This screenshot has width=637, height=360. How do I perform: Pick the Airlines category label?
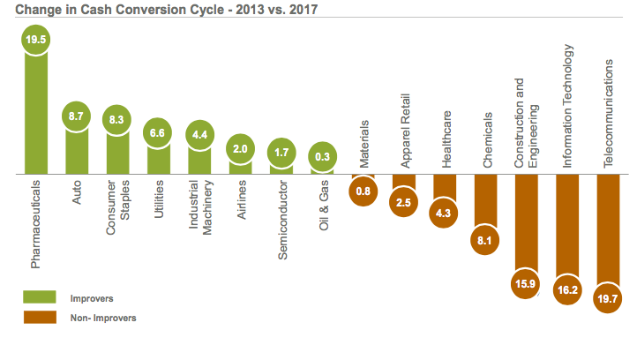pos(240,206)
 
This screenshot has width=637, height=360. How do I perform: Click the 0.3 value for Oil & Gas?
pos(322,157)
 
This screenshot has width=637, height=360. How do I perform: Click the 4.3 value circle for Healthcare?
pos(444,213)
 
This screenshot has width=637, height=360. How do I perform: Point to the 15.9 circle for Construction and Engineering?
pos(527,283)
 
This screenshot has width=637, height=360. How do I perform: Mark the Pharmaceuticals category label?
pos(36,225)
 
